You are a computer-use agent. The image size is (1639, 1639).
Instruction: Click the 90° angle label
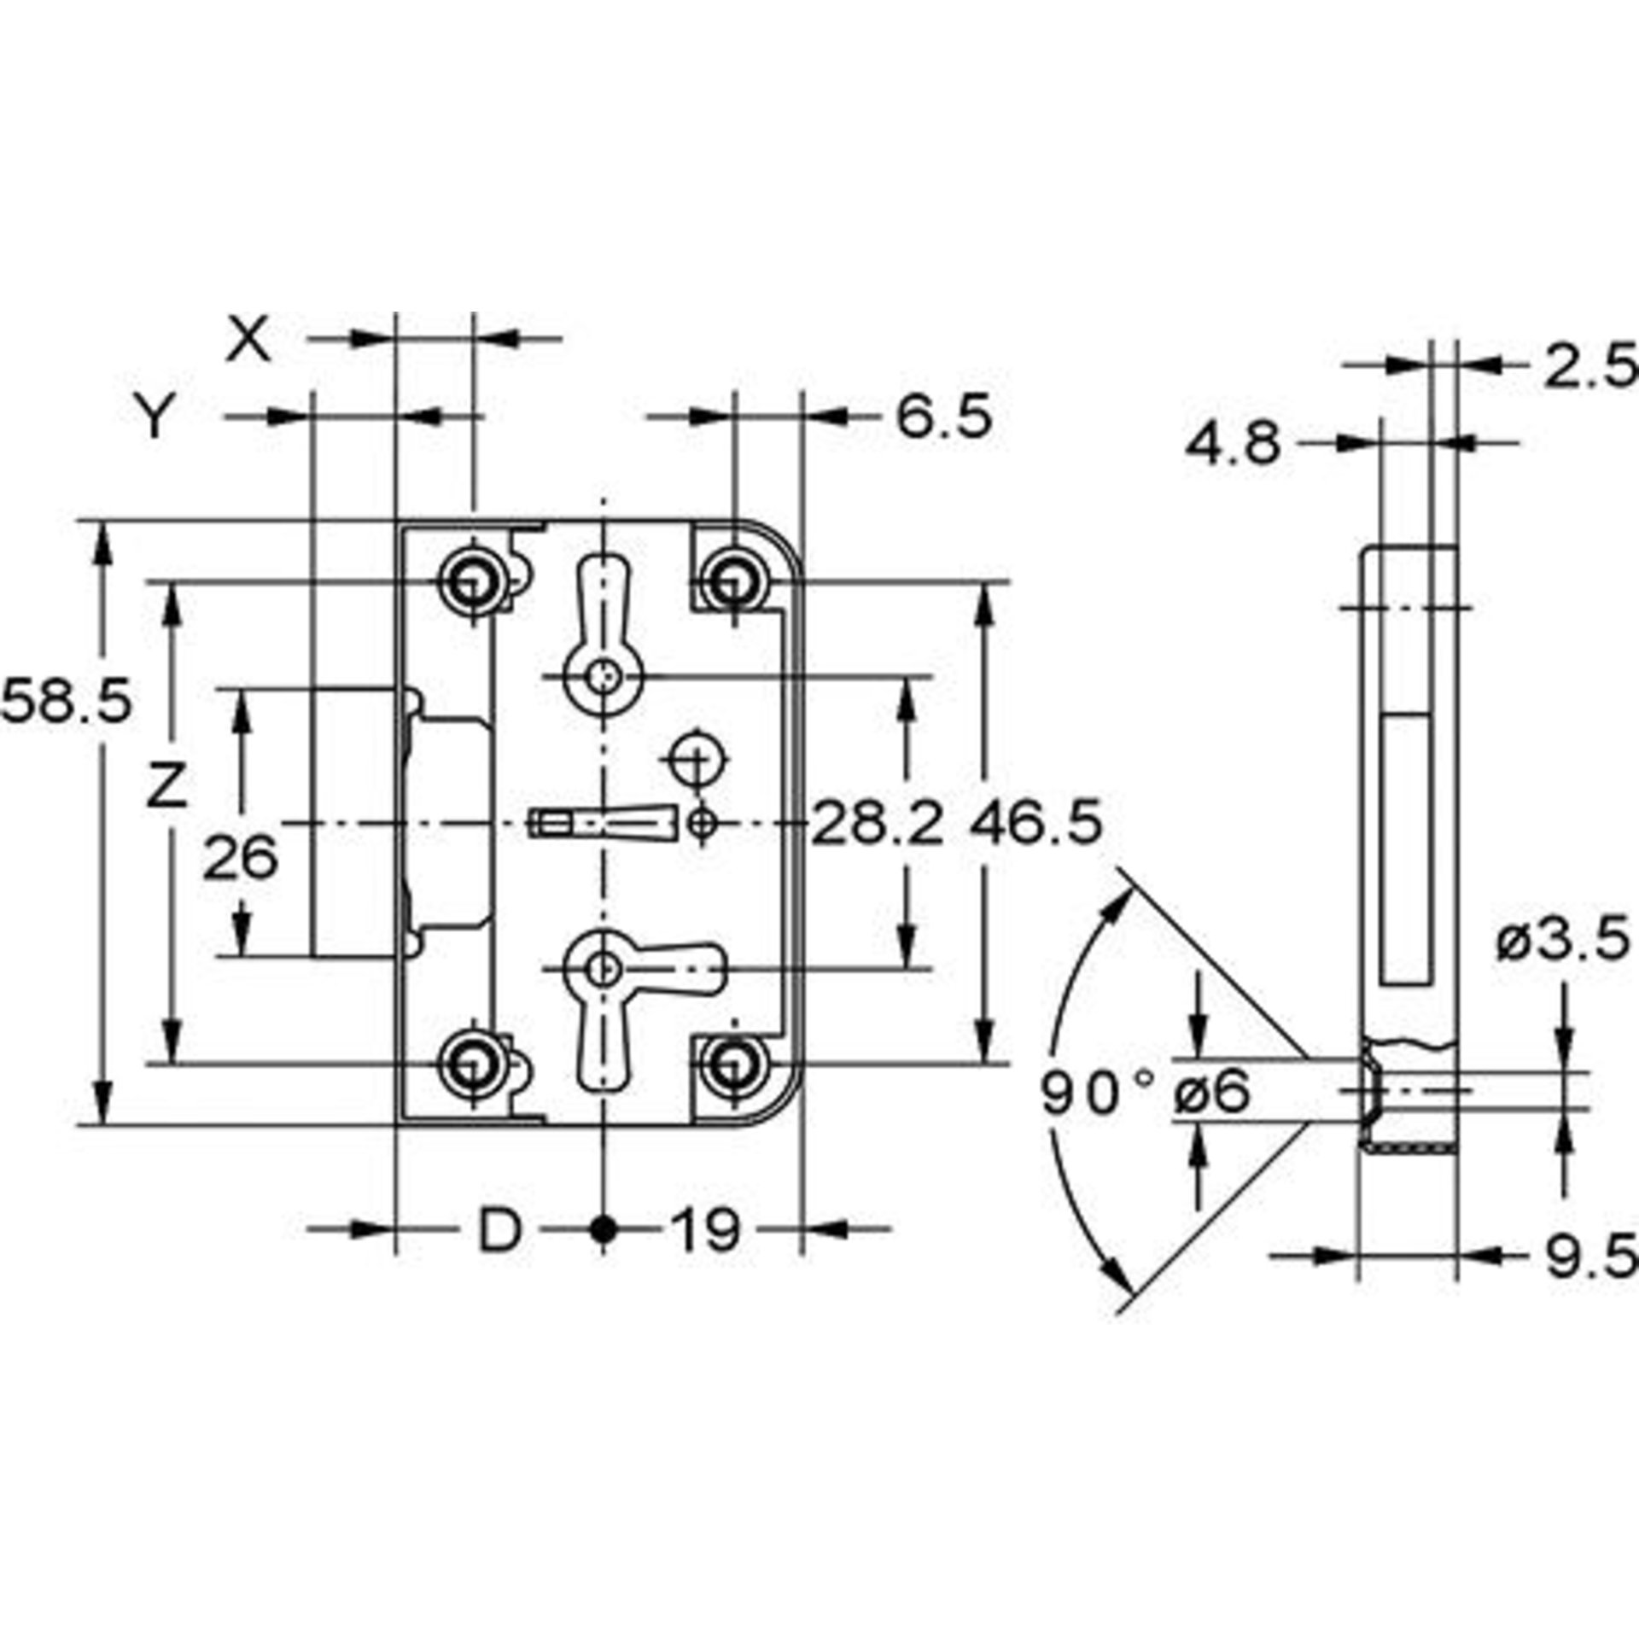tap(1097, 1094)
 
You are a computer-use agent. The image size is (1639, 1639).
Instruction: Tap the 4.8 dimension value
tap(1233, 444)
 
